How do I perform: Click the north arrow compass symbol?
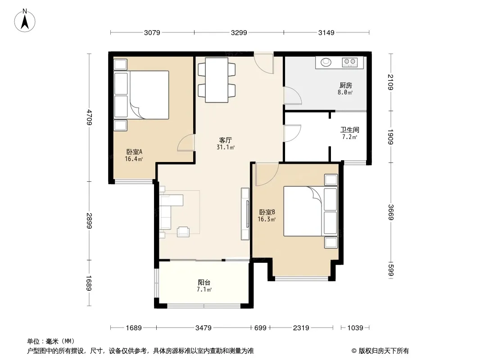25,21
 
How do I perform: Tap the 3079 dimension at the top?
152,32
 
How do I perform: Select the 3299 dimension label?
239,32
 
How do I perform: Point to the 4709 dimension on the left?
89,117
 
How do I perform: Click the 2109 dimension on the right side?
390,82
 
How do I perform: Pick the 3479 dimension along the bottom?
203,328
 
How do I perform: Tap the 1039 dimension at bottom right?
355,328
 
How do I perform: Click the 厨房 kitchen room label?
346,85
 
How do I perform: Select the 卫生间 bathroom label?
349,130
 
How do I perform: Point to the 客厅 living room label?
225,140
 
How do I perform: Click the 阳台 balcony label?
204,283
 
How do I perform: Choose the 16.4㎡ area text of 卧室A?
134,159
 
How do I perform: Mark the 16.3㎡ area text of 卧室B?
267,219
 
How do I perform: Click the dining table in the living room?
217,80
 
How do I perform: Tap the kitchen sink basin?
326,62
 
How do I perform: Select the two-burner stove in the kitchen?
350,62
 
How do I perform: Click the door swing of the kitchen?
292,96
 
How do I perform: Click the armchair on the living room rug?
183,232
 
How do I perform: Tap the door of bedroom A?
186,143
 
